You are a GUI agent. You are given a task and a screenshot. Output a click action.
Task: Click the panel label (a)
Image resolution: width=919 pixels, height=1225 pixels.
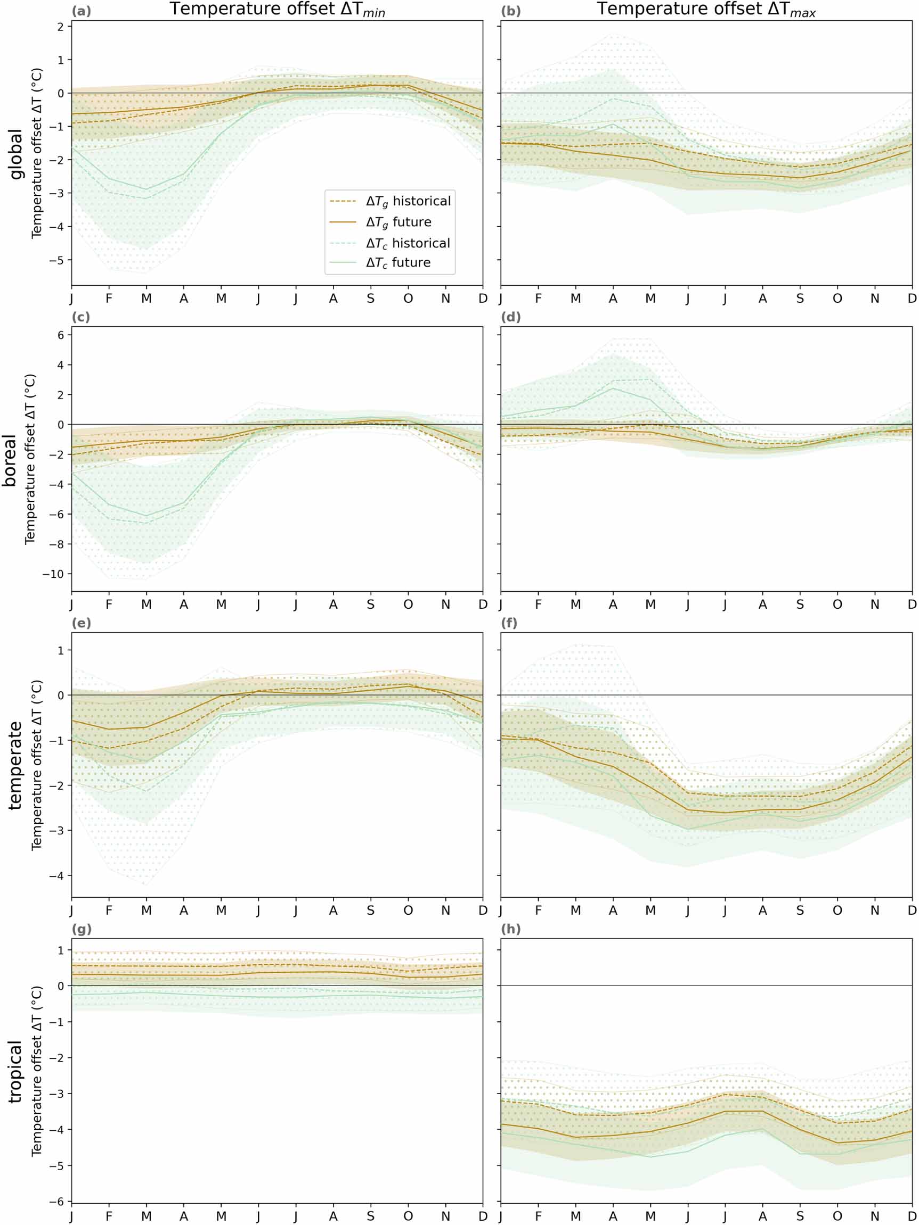(x=82, y=11)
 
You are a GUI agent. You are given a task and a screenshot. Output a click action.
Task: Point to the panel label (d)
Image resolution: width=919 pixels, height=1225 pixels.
(x=510, y=317)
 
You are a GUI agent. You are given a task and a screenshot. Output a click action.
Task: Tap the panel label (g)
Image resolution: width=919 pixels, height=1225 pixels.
(x=82, y=929)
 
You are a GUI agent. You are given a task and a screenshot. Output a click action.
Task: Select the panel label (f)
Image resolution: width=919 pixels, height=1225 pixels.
(x=509, y=623)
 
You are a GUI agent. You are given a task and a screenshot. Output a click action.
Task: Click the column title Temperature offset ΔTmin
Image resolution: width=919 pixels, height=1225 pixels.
(x=277, y=10)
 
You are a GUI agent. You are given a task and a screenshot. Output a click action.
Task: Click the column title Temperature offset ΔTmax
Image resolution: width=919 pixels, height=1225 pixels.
(x=706, y=10)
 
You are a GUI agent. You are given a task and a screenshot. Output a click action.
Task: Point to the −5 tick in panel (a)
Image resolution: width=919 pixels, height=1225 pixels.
(x=58, y=260)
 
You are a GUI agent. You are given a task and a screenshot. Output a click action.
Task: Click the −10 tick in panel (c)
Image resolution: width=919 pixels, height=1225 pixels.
(x=54, y=574)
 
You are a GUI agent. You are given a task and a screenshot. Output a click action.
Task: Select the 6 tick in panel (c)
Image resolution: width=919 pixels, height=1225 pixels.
(x=61, y=335)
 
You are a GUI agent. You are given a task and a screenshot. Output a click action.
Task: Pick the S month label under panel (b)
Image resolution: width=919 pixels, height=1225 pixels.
(x=800, y=299)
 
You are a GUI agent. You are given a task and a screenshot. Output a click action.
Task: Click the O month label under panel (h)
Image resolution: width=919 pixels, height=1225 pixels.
(x=837, y=1216)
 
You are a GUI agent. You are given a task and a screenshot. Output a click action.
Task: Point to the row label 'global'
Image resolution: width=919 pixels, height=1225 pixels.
(x=17, y=154)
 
